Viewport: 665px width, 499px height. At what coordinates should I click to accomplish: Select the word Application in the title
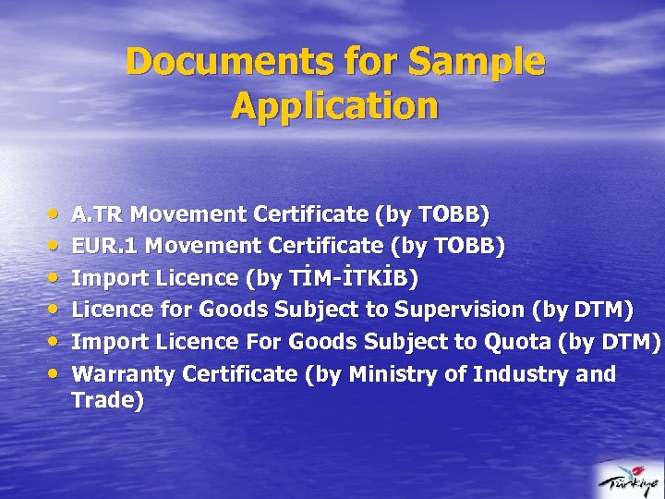pos(334,105)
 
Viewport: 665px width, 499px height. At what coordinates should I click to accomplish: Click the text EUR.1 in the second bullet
pos(105,247)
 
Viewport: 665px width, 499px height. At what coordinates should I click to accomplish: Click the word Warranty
pos(124,374)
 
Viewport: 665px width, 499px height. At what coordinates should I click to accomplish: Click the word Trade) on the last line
pos(108,401)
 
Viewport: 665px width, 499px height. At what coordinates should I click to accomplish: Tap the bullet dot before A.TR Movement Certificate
pos(55,213)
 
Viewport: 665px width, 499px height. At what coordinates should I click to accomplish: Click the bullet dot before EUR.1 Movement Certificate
pos(55,246)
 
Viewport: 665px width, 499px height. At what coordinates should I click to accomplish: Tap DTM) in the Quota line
pos(631,342)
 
